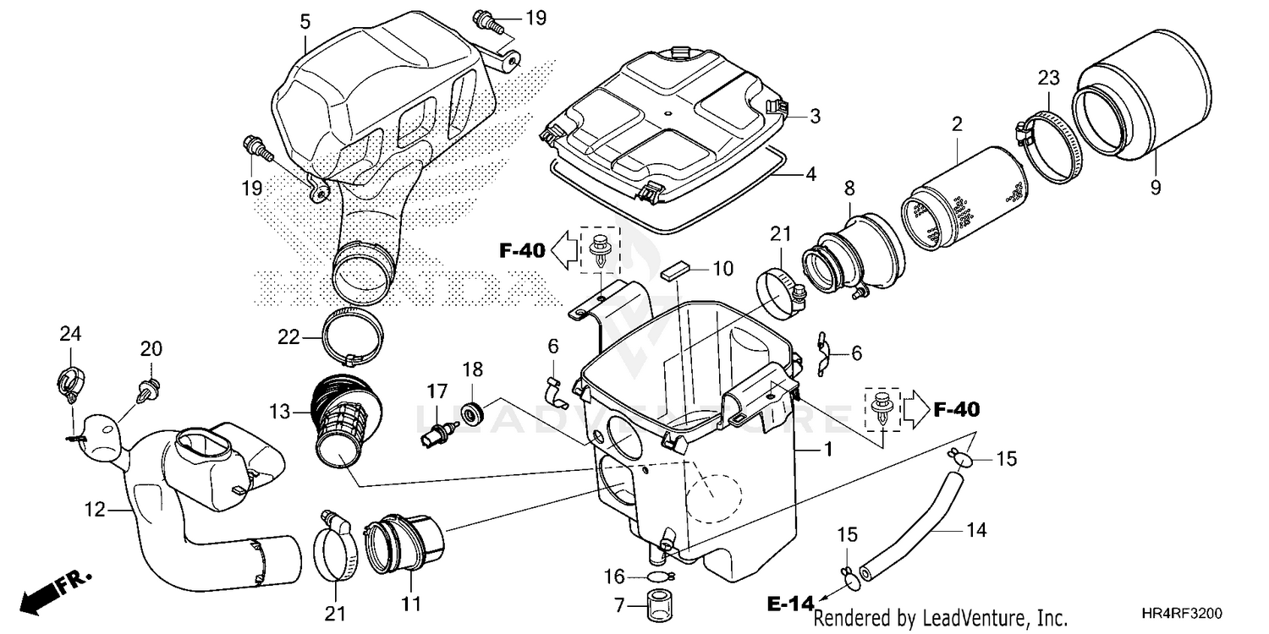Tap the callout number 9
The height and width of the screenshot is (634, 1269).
click(x=1156, y=189)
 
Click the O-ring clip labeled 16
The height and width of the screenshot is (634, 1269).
click(x=659, y=577)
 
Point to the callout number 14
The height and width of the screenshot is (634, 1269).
click(x=975, y=531)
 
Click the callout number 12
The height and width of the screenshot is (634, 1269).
click(x=95, y=510)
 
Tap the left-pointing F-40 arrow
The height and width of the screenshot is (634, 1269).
click(x=561, y=249)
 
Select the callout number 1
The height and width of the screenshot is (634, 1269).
click(x=828, y=451)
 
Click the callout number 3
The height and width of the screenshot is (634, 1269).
click(x=815, y=117)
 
